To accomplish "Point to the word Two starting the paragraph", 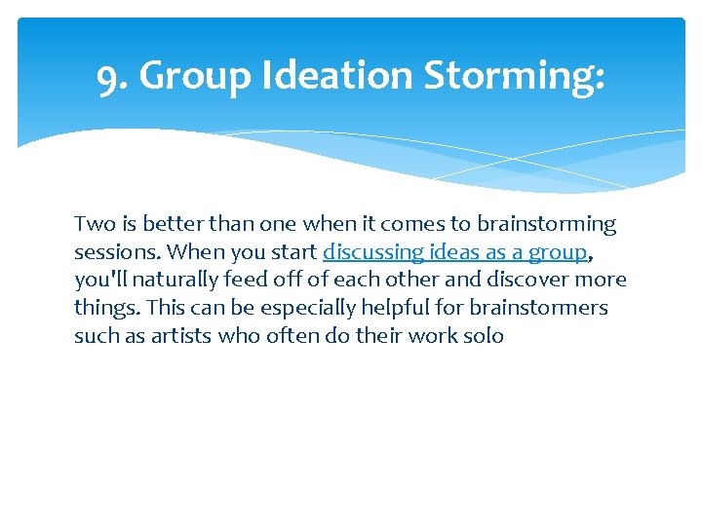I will click(94, 224).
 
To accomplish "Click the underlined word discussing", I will click(373, 252).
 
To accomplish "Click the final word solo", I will click(485, 336).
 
